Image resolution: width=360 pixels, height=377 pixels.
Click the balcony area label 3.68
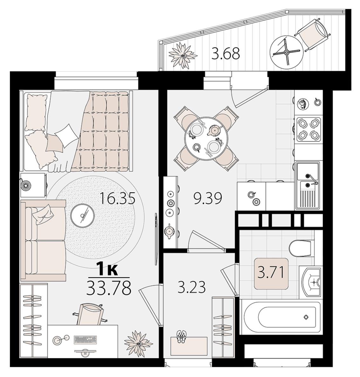click(x=225, y=54)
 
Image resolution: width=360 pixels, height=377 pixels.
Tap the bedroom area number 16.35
click(x=118, y=198)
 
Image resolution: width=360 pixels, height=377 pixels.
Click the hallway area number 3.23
click(x=192, y=287)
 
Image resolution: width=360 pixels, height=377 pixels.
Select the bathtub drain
click(x=306, y=317)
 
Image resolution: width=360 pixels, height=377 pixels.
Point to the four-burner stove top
click(x=309, y=129)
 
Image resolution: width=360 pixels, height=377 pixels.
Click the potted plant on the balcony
click(x=183, y=56)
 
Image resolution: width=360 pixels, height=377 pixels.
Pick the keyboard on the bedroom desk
click(x=86, y=339)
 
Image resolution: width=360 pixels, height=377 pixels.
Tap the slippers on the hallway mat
click(x=181, y=337)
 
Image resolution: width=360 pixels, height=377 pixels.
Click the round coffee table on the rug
click(x=82, y=215)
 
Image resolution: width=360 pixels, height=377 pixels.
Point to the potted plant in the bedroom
click(x=139, y=344)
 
